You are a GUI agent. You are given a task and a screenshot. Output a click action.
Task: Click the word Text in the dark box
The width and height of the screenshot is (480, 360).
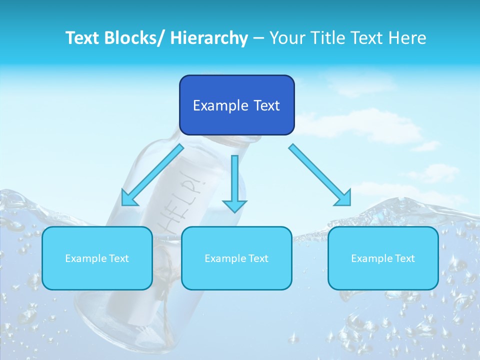265,105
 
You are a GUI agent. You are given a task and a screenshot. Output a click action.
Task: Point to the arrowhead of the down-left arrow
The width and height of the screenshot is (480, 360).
129,198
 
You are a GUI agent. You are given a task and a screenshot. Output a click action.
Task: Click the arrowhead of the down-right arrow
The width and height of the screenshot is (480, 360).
343,198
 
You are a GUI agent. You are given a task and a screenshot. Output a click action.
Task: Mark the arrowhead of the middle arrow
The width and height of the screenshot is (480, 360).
234,205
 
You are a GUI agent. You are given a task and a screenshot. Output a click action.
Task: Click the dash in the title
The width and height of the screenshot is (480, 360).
258,38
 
